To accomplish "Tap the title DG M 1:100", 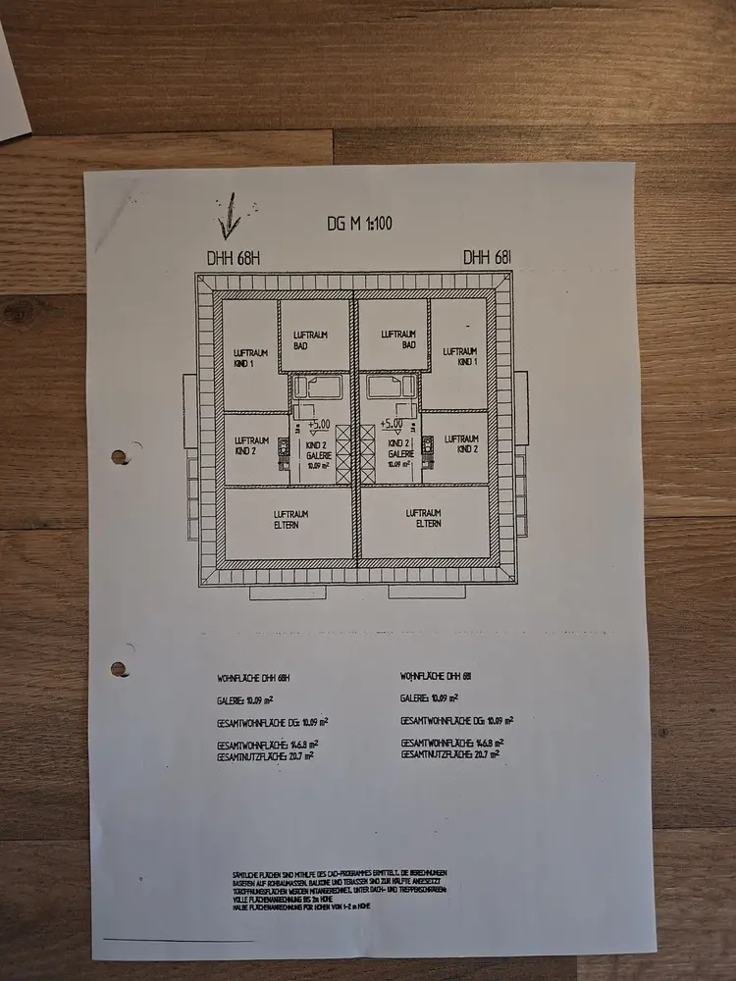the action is (x=359, y=223).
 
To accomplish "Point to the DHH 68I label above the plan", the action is (x=489, y=257).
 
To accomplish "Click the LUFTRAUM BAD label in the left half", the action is (x=312, y=339).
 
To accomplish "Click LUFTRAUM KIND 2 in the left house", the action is (x=251, y=446).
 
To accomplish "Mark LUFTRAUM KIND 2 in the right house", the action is (x=461, y=444).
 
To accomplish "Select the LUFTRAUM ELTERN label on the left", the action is (x=289, y=518).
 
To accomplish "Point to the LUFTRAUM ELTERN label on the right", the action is (x=424, y=518).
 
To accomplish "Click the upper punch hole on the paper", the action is (x=120, y=456).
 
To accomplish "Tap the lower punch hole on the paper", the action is (x=119, y=669).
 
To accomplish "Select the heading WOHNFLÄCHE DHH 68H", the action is (x=254, y=678).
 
